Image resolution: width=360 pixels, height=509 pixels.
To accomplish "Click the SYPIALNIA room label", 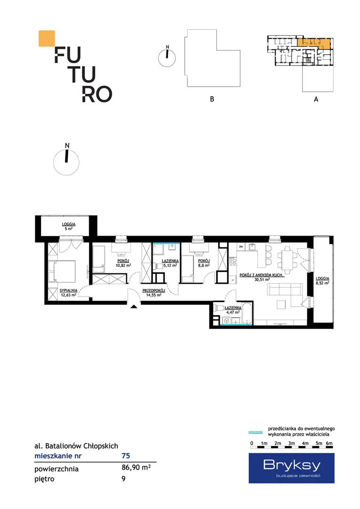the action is coord(68,290).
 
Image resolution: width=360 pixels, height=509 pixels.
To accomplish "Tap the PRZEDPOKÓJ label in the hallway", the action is coord(154,290).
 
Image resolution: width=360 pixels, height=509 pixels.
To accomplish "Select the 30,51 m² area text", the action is coord(262,279).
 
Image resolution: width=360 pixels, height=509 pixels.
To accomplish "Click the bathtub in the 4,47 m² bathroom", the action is coord(246,313).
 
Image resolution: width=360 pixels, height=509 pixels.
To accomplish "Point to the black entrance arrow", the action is coord(134,306).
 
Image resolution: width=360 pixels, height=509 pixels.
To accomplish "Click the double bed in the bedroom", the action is coord(62,271).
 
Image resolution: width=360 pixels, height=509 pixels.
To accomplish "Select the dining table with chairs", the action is coord(287,260).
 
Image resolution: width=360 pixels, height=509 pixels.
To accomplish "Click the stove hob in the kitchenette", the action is coord(232,261).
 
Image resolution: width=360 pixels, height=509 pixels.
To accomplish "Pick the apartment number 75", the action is coord(126,456).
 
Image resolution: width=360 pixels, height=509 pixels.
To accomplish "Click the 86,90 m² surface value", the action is coord(136,468).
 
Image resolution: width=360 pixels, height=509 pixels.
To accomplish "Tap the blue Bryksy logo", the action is coord(292,468).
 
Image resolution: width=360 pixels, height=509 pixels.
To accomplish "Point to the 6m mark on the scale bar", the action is coord(329,443).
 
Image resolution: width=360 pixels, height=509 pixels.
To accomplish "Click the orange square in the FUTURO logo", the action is coord(47,39).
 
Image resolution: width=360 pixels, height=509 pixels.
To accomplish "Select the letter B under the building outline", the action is coord(212,99).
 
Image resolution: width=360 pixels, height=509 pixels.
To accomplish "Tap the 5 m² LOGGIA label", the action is coord(68,226).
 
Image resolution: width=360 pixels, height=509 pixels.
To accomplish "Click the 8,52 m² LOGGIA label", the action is coord(322,281).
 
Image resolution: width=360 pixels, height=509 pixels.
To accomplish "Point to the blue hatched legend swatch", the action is coord(255,432).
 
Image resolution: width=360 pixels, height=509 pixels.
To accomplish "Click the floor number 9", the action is coord(123,478).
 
